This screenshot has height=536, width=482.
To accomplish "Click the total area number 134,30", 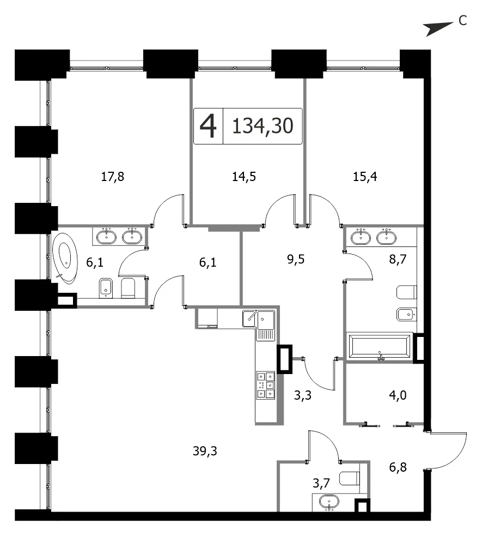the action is (x=263, y=126).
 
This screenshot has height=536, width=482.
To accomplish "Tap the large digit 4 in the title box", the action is (x=208, y=126).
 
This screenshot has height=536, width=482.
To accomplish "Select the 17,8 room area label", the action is (x=113, y=177).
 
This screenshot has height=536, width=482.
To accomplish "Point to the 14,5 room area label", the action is (x=244, y=177).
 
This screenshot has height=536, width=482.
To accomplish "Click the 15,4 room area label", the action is (x=365, y=177).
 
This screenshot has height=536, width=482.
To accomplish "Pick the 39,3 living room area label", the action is (x=205, y=451).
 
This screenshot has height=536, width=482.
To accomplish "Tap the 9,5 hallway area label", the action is (x=296, y=260).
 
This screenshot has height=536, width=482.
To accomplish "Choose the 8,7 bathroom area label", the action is (x=398, y=260).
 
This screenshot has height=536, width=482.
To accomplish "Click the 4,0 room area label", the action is (x=398, y=395).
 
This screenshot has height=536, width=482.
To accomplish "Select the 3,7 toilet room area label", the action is (x=321, y=483).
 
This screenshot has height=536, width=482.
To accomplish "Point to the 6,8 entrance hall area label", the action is (x=398, y=467).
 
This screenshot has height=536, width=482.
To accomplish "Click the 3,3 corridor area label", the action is (x=302, y=395).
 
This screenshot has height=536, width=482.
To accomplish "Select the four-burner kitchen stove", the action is (x=266, y=386).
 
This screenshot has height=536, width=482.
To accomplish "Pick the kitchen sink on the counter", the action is (x=258, y=325).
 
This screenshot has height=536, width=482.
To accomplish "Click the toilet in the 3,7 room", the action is (x=350, y=478).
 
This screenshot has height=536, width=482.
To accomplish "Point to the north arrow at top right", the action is (x=438, y=29).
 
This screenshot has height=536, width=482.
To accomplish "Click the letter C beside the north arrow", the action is (x=462, y=21).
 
